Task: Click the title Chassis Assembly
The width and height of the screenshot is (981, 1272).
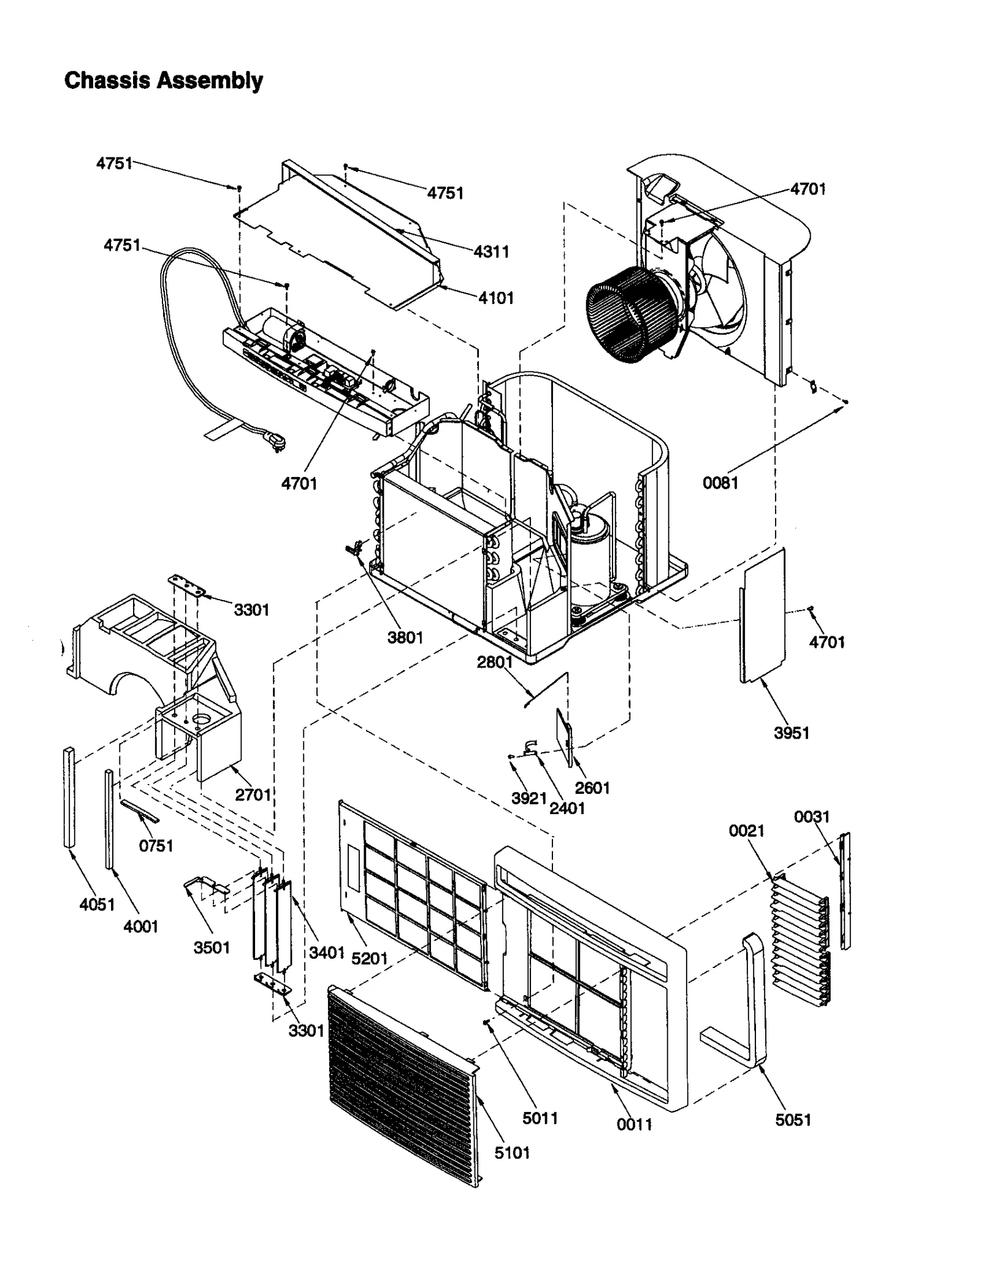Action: [164, 80]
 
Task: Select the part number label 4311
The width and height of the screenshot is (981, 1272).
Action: [491, 252]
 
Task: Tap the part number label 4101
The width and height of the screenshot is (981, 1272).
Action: [496, 299]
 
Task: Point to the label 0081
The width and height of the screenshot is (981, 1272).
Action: [720, 483]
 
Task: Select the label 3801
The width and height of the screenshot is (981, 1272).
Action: [405, 638]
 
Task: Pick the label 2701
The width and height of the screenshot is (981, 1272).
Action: [253, 794]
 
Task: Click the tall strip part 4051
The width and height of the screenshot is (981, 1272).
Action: [69, 797]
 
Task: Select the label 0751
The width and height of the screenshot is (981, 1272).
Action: [156, 846]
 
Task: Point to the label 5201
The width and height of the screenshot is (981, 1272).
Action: [370, 958]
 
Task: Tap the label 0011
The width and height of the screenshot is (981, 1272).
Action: [635, 1124]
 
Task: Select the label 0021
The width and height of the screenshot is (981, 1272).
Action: [746, 831]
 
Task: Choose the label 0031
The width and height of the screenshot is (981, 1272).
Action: [811, 817]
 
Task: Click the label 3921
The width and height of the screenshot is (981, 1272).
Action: [529, 798]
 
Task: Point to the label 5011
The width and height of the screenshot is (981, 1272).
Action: [540, 1118]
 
